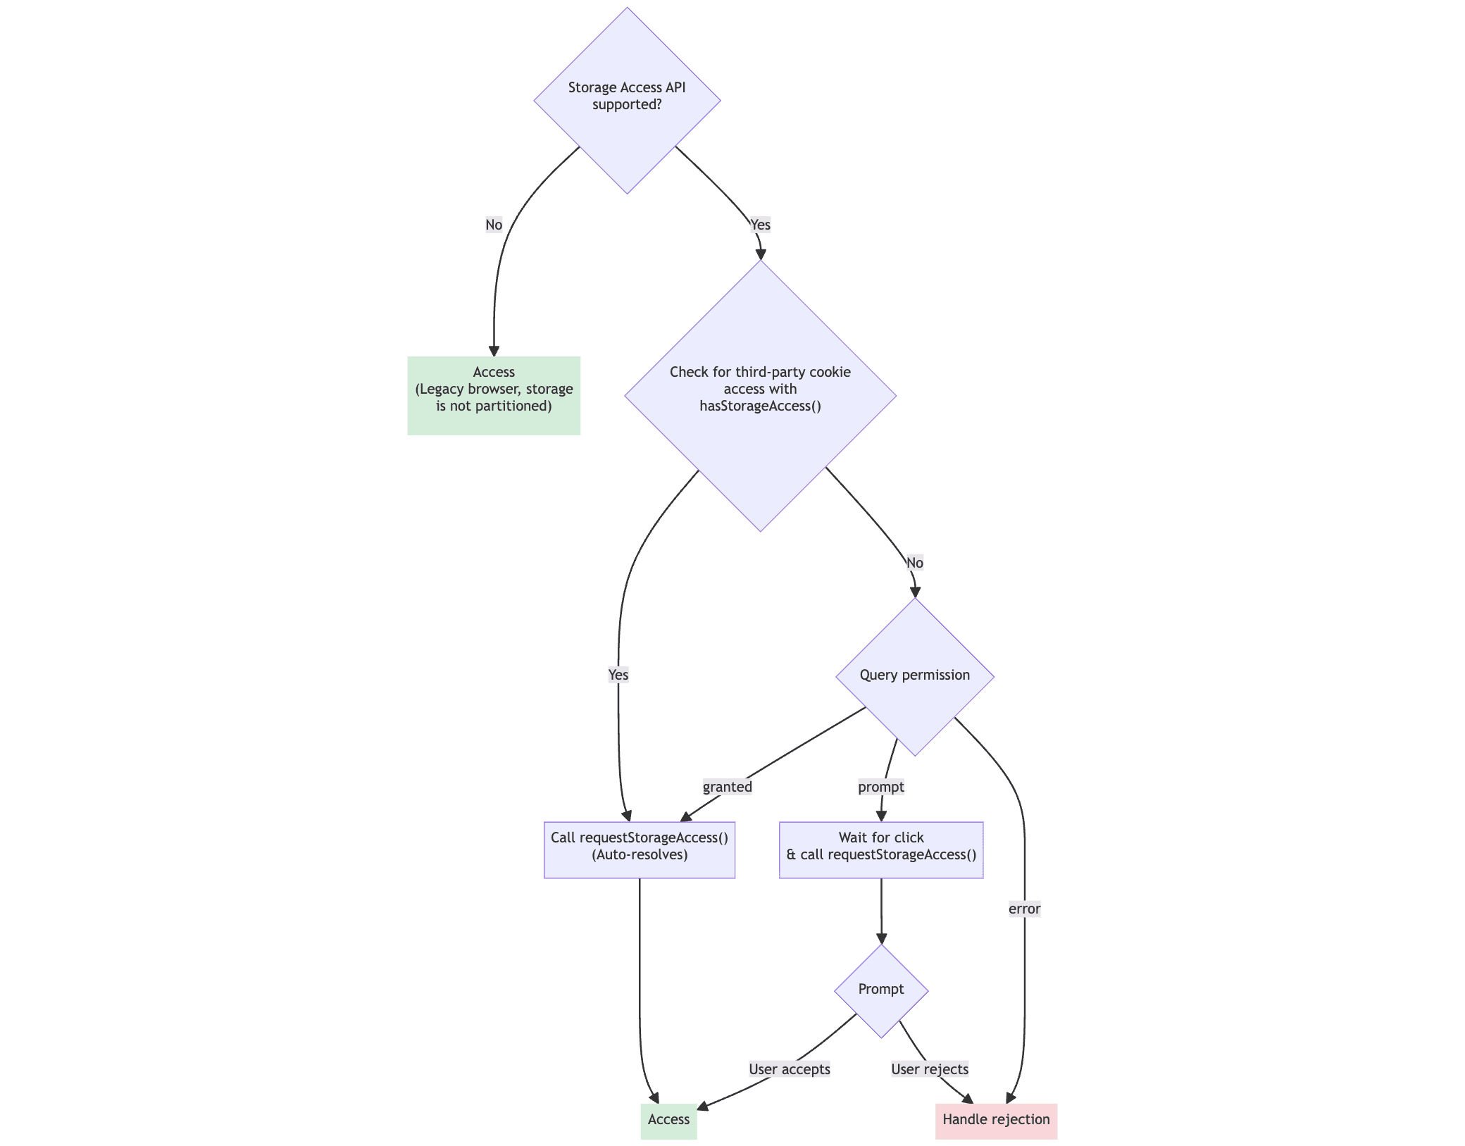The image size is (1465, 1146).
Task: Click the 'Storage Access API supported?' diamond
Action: (627, 100)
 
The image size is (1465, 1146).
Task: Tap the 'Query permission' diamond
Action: (914, 675)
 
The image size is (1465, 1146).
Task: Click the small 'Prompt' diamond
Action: (880, 990)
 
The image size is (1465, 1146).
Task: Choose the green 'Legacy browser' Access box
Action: (493, 395)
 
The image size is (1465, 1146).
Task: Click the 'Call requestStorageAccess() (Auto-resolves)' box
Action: (639, 849)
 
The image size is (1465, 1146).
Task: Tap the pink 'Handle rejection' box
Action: (995, 1120)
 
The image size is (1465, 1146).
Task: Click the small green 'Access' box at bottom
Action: (668, 1120)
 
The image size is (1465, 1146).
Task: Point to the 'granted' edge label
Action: (727, 787)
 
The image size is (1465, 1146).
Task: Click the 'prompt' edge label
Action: (880, 787)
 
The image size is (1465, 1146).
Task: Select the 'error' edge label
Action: (1023, 909)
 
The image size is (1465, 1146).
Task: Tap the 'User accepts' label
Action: (789, 1069)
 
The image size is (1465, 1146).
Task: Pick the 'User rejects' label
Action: (929, 1069)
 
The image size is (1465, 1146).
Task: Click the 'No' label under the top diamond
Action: (494, 225)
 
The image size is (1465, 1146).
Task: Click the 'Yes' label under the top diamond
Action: (760, 225)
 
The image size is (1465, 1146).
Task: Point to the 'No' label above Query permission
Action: (914, 563)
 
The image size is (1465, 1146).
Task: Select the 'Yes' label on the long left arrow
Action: (618, 675)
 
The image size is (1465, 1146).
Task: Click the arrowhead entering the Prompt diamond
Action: (881, 938)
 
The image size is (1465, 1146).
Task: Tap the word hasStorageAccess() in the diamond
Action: (760, 406)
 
